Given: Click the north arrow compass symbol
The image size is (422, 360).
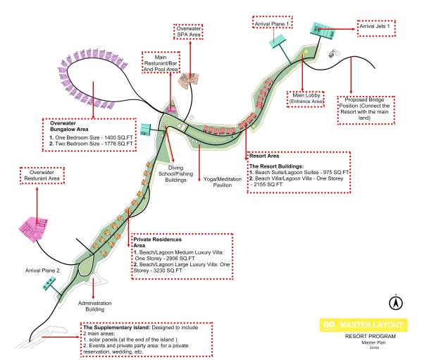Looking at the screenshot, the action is [x=396, y=303].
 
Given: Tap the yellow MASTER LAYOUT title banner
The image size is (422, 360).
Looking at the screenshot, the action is [x=364, y=325].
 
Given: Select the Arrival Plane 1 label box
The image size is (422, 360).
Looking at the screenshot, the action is [x=273, y=23].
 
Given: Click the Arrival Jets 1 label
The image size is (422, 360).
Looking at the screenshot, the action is [x=376, y=28].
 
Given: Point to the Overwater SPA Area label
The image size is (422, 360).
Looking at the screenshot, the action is [x=189, y=32].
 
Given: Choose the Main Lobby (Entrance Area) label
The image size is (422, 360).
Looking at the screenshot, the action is [x=306, y=99].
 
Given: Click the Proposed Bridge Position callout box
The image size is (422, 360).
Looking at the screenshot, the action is [x=366, y=110].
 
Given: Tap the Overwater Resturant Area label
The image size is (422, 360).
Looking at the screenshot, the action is [x=42, y=175].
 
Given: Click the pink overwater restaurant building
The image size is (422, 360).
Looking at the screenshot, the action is [x=33, y=228].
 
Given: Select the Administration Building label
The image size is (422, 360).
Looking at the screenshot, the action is [x=94, y=306].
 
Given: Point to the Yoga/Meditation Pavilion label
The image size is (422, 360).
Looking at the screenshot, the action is [x=223, y=182].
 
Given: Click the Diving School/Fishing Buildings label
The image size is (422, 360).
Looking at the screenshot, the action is [x=175, y=174].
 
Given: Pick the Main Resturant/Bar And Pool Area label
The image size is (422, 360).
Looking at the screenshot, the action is [x=161, y=63].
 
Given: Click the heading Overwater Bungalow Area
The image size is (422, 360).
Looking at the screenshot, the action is [x=69, y=126].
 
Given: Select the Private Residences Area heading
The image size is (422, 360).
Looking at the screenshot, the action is [x=157, y=242].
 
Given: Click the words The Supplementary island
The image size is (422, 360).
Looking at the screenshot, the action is [x=116, y=328].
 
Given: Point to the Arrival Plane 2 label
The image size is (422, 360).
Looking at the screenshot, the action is [x=42, y=271].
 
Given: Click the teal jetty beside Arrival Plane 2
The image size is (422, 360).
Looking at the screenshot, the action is [x=49, y=284].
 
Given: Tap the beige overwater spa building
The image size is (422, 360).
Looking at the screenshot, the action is [x=190, y=79].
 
